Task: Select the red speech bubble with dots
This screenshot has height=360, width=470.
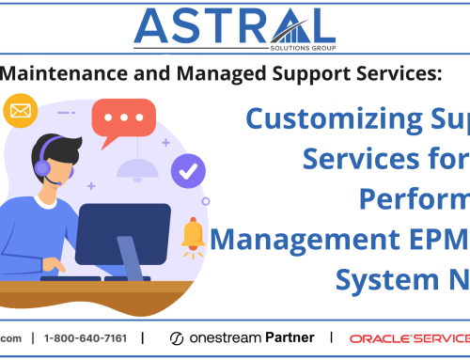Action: tap(123, 120)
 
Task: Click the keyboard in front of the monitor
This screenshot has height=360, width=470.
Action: tap(94, 278)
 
